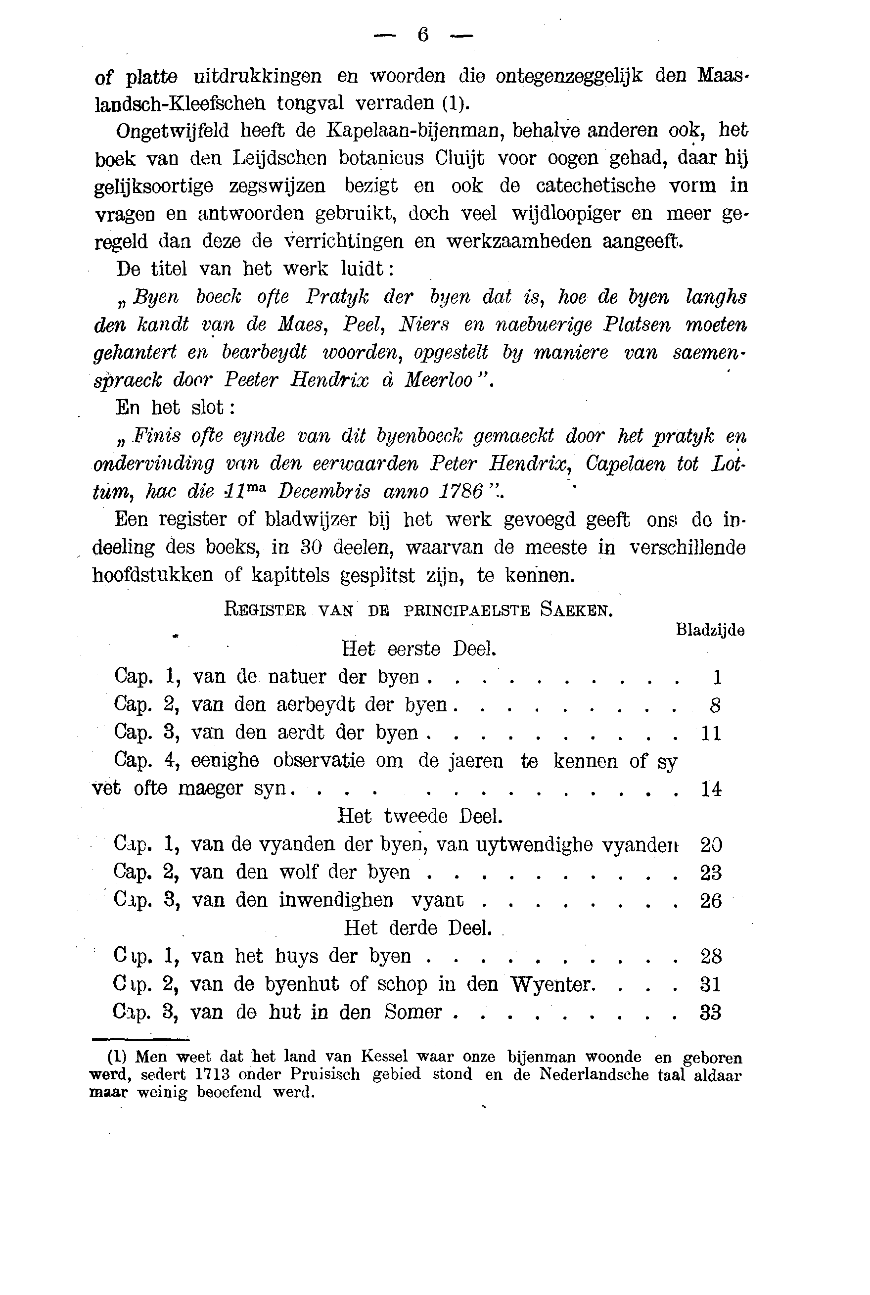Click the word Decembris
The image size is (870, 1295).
(x=323, y=492)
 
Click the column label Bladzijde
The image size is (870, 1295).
(x=710, y=630)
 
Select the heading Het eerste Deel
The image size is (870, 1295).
(x=418, y=648)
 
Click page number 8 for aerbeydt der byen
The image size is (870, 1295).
(x=715, y=706)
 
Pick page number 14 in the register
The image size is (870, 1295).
(x=711, y=789)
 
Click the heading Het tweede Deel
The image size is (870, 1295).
(x=420, y=816)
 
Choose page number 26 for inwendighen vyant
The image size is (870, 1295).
(x=711, y=900)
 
